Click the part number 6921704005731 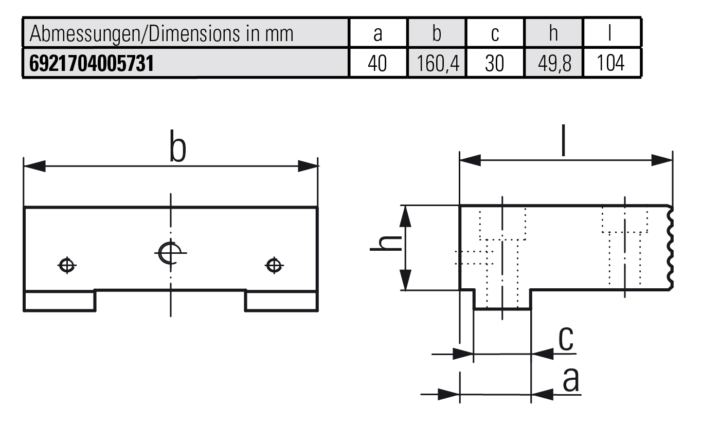tap(92, 63)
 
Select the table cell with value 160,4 tap(437, 64)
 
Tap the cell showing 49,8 tap(553, 64)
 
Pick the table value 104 tap(611, 64)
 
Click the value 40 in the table tap(378, 64)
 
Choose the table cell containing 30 tap(495, 64)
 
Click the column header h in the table tap(553, 33)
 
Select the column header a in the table tap(378, 33)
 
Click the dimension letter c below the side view tap(566, 339)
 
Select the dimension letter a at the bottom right tap(570, 380)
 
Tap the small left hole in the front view tap(67, 265)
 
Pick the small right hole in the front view tap(274, 265)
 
